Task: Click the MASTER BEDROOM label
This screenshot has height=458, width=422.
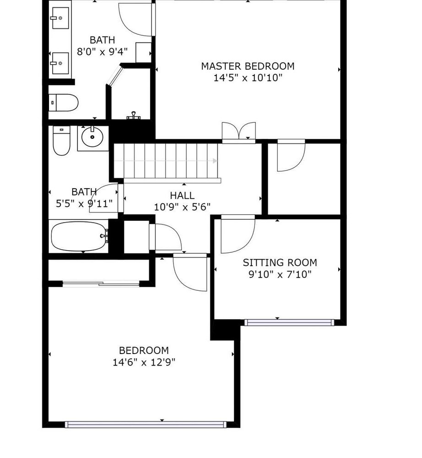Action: pos(248,66)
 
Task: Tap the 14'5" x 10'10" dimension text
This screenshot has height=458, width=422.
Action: pos(248,78)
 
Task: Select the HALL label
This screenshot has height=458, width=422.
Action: pos(182,195)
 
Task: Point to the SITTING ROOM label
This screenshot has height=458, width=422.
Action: pos(280,262)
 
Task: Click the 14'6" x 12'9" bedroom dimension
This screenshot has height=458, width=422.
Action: pos(144,362)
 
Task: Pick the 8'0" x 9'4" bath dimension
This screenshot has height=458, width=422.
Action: pos(102,52)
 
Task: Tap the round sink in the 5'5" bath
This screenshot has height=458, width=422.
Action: pos(92,136)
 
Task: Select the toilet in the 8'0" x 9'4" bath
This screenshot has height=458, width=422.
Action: pos(63,103)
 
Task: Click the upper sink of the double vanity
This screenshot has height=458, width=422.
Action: pos(60,18)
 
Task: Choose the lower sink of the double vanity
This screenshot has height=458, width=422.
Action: pos(60,63)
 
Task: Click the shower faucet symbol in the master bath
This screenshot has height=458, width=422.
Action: pos(133,115)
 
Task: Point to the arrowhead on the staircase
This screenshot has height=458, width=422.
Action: pos(215,161)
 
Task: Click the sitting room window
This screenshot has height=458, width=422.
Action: pos(289,322)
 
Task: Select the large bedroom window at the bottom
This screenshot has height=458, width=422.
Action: pos(146,425)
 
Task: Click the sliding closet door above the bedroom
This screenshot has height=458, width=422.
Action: pos(101,284)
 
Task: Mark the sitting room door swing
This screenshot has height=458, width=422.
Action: pos(238,234)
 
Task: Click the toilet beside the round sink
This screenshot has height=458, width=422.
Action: pos(62,141)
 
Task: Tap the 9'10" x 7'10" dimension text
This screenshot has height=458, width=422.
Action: pos(280,274)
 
